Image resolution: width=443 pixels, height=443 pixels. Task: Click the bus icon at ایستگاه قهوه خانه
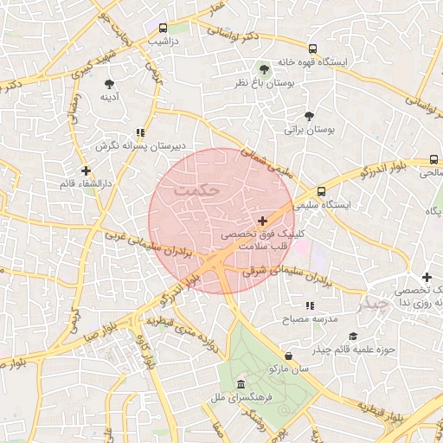[x=312, y=49]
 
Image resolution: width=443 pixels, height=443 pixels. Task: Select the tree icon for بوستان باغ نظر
[x=264, y=68]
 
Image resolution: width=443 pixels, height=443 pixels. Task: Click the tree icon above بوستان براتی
[x=309, y=116]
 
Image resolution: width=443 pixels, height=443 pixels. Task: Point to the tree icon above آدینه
[x=109, y=84]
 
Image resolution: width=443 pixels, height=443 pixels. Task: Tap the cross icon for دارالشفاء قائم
[x=86, y=170]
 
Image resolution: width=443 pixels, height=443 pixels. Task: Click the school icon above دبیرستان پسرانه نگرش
[x=139, y=133]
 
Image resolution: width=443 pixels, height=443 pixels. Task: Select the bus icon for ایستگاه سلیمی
[x=321, y=191]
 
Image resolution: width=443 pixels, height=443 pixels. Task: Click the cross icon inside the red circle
[x=263, y=221]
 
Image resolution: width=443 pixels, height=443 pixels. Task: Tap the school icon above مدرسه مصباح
[x=310, y=305]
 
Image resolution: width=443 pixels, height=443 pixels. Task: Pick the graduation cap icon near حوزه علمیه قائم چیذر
[x=352, y=337]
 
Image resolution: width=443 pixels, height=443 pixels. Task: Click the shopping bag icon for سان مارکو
[x=287, y=356]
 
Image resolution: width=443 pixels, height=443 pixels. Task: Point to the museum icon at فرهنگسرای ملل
[x=240, y=383]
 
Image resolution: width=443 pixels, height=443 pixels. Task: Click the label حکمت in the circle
[x=197, y=188]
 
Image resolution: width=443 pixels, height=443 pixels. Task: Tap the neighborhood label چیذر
[x=375, y=305]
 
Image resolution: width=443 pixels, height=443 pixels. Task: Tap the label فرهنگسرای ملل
[x=245, y=398]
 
